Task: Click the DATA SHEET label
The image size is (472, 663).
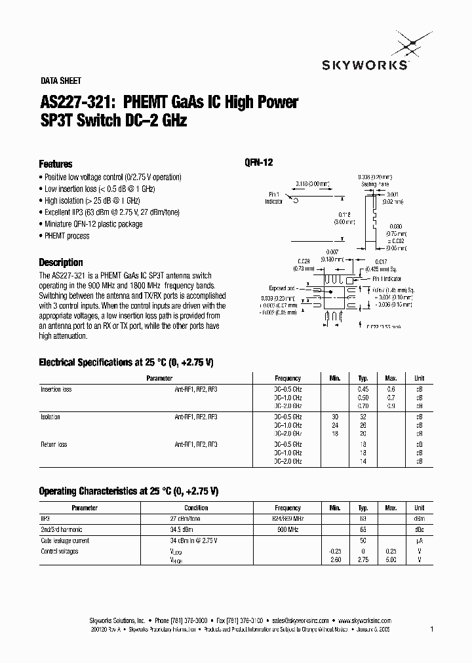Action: (60, 81)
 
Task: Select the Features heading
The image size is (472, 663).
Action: (56, 164)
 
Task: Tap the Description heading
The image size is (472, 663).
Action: (61, 262)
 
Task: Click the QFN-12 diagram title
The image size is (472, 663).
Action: (258, 164)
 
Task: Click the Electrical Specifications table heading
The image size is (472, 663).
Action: (127, 362)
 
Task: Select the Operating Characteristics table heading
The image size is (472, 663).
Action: (128, 491)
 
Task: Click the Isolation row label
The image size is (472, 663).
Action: (50, 417)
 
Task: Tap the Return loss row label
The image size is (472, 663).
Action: (54, 444)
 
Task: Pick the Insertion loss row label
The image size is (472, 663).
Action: (56, 389)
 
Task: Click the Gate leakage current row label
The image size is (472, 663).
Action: (65, 540)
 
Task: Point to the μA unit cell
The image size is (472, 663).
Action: (420, 540)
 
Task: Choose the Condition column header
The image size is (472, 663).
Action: (196, 508)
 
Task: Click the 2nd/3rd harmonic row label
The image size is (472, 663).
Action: (62, 529)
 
